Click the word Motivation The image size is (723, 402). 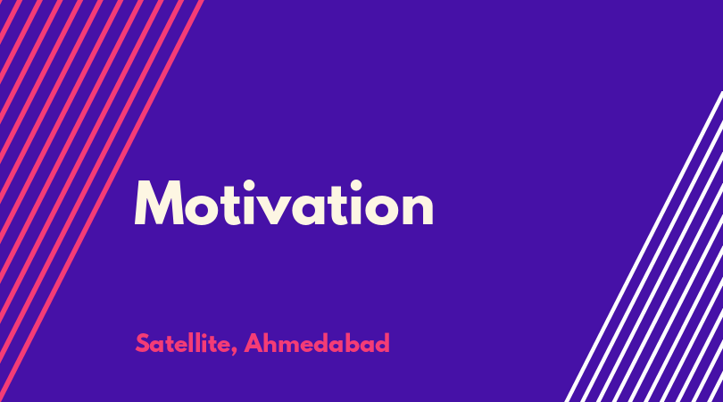(284, 203)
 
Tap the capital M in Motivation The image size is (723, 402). (159, 203)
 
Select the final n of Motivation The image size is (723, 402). (418, 208)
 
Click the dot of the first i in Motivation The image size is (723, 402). (249, 186)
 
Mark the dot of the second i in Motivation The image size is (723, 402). (355, 186)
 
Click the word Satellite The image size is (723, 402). (183, 344)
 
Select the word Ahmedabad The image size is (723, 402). (317, 343)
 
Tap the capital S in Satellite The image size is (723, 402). (143, 343)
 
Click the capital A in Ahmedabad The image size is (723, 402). (253, 343)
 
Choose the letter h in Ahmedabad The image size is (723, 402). (272, 343)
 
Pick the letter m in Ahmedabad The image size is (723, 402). (294, 346)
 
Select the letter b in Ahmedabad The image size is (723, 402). (353, 343)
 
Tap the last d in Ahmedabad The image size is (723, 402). (382, 343)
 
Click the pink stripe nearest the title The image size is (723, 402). (102, 201)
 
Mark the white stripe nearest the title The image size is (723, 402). (644, 247)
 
